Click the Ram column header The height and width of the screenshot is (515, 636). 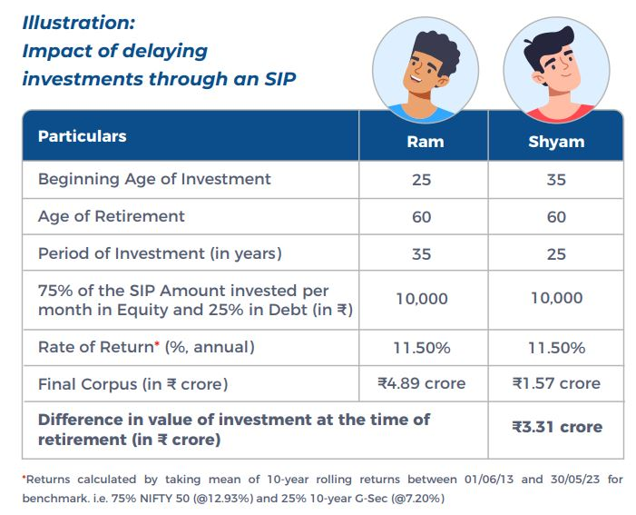tap(422, 142)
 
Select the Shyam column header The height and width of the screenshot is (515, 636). tap(556, 142)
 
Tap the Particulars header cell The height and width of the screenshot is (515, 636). tap(83, 136)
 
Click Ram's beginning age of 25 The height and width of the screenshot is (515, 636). tap(422, 180)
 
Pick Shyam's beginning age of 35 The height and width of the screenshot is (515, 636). tap(556, 180)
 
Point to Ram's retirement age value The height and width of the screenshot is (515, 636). tap(422, 217)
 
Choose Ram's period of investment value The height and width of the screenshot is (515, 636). tap(422, 254)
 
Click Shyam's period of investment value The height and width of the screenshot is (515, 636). tap(556, 254)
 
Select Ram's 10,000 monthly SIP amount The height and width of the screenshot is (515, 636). tap(422, 298)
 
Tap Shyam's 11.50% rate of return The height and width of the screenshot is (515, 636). tap(556, 348)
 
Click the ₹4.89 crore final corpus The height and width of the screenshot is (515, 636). tap(422, 383)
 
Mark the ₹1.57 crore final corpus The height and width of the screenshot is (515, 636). tap(556, 383)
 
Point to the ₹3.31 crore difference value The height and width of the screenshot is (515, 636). tap(556, 427)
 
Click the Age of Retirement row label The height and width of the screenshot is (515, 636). tap(111, 216)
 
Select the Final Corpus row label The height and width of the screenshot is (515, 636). tap(132, 383)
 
